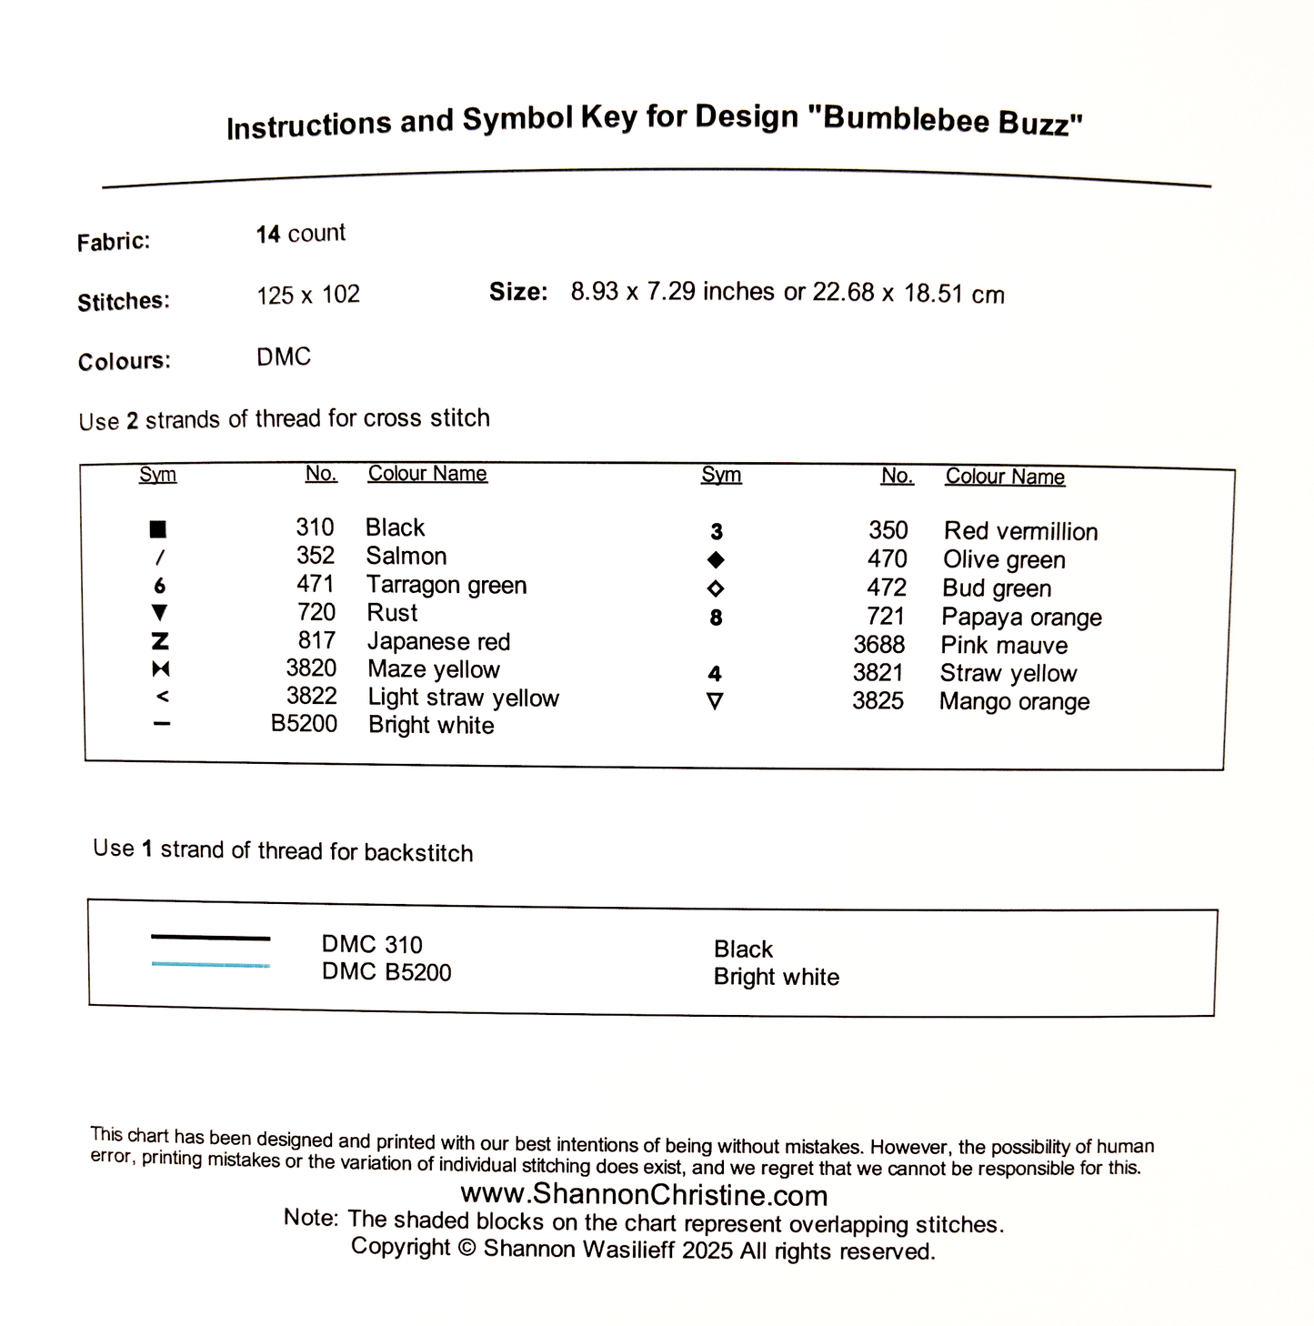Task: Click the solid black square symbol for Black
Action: [x=158, y=529]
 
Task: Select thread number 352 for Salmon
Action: [x=315, y=556]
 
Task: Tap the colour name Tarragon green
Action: [x=446, y=585]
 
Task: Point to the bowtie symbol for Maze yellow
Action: [x=161, y=669]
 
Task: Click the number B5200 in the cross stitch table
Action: [x=304, y=724]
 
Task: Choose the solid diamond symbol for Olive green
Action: [x=716, y=559]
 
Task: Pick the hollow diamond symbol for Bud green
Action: [x=716, y=588]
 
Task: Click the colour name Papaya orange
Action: [x=1021, y=618]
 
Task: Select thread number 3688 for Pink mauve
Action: [x=878, y=645]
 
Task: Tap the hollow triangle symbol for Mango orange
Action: [x=716, y=701]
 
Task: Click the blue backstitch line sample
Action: [x=210, y=964]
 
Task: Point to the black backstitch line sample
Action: [x=210, y=937]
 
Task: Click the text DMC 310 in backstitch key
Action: [x=372, y=945]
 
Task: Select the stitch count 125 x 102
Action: [x=308, y=295]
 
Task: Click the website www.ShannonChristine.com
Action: [x=644, y=1194]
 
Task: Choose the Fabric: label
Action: [x=114, y=242]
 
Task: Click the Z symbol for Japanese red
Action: [x=160, y=641]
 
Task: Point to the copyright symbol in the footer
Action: [x=467, y=1248]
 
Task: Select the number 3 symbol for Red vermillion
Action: [x=717, y=532]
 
